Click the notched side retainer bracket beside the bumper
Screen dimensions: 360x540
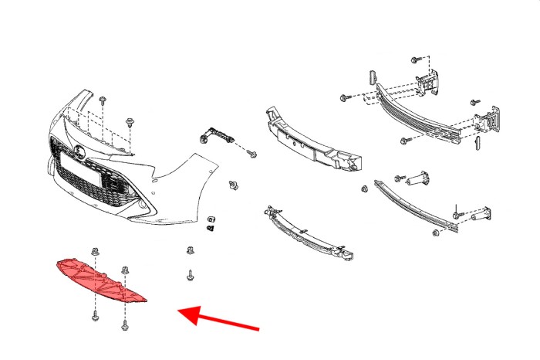[215, 136]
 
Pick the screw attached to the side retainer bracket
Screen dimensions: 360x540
[251, 154]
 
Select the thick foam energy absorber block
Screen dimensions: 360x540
[312, 139]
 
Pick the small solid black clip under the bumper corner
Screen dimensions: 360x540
[211, 229]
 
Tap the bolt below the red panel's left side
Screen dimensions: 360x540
[96, 314]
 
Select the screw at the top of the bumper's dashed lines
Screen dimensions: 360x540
[103, 100]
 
